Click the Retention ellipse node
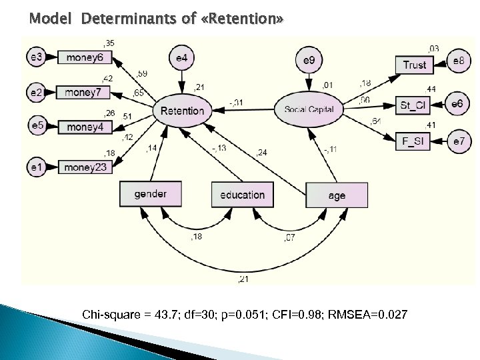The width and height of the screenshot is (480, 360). [x=182, y=110]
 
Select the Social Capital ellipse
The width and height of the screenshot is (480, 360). [x=313, y=109]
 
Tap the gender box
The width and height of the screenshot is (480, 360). [x=151, y=194]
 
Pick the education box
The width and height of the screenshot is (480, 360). [x=242, y=195]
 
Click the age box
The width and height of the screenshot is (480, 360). [x=337, y=195]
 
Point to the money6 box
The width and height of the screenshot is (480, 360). [x=85, y=57]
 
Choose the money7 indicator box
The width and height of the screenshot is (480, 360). [x=85, y=91]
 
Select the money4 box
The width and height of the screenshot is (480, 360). [x=85, y=126]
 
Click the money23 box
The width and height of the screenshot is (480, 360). [x=85, y=167]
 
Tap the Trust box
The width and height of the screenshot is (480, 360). [x=415, y=64]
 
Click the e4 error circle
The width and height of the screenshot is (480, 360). [x=182, y=59]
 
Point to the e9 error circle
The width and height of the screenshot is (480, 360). [x=309, y=61]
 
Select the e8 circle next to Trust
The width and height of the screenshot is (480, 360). [x=459, y=61]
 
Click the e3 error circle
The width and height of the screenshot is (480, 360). [x=37, y=57]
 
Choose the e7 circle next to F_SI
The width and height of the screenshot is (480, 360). [x=459, y=141]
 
